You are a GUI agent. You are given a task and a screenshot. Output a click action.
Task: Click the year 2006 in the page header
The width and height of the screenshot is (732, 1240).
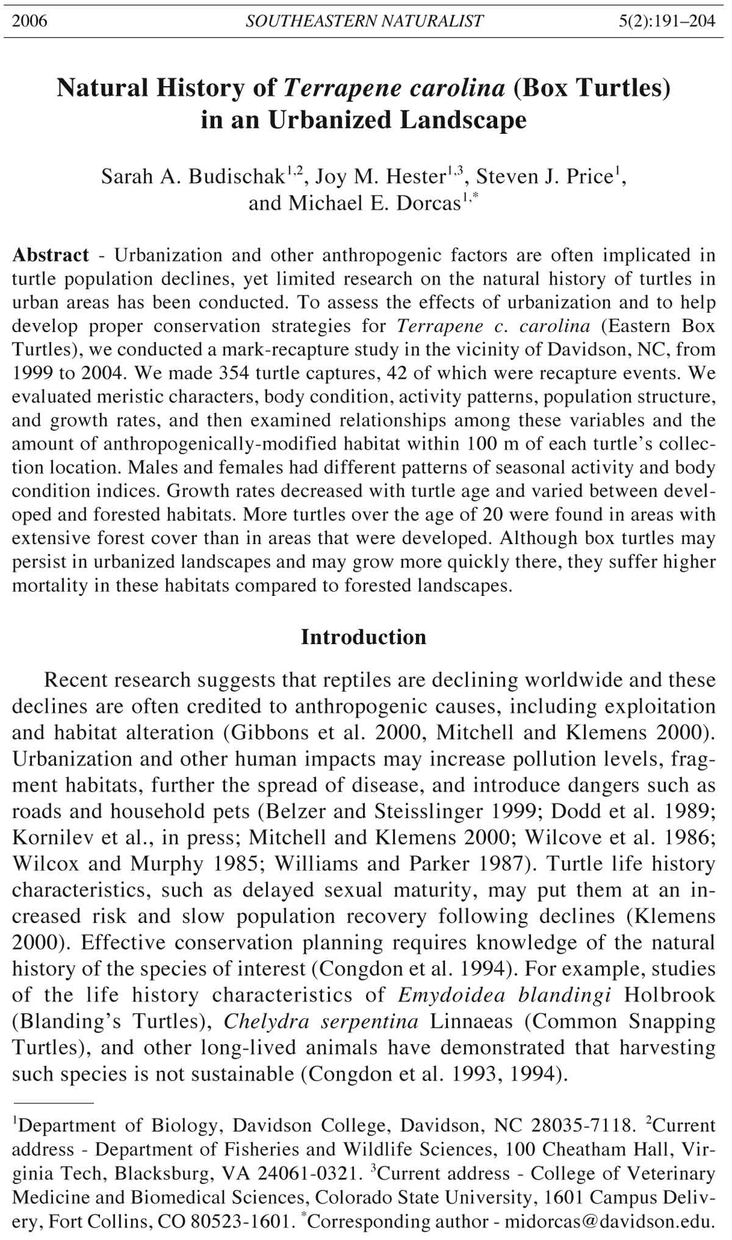coord(30,22)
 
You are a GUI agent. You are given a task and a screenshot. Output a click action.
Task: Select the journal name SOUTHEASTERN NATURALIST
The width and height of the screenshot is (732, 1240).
coord(364,22)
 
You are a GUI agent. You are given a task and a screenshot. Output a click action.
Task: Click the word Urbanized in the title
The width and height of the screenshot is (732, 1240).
coord(330,120)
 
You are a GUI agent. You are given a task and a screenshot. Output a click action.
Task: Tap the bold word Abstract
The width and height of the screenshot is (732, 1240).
coord(51,255)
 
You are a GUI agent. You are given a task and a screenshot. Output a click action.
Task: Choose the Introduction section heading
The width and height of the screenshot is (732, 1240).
coord(364,637)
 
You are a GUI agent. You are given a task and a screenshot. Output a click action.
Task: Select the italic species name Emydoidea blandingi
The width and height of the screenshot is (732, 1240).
coord(504,995)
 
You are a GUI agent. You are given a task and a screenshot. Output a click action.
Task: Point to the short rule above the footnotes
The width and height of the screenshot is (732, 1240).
coord(53,1103)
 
